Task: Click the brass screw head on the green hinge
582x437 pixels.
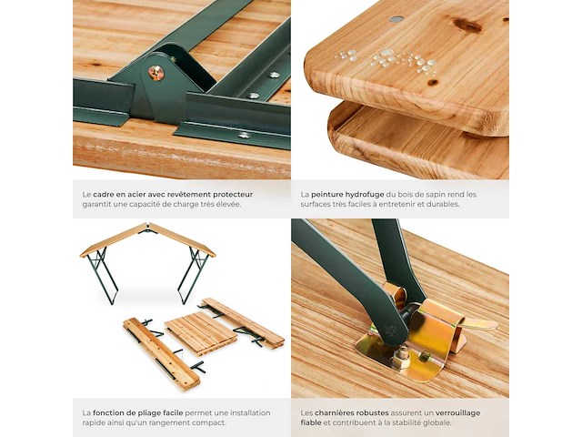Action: (x=156, y=71)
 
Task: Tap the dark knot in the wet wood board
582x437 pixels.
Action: (x=468, y=25)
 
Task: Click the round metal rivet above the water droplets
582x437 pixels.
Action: (x=396, y=19)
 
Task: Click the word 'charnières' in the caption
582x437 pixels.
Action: (x=335, y=412)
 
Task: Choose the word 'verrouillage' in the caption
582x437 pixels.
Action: (x=457, y=412)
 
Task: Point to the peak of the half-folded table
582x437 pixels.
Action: (x=148, y=224)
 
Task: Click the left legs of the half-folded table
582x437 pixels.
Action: (x=103, y=275)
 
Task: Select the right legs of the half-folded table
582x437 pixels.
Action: (x=193, y=275)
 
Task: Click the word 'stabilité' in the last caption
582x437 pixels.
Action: (x=411, y=422)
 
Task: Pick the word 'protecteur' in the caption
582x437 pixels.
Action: (x=233, y=195)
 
